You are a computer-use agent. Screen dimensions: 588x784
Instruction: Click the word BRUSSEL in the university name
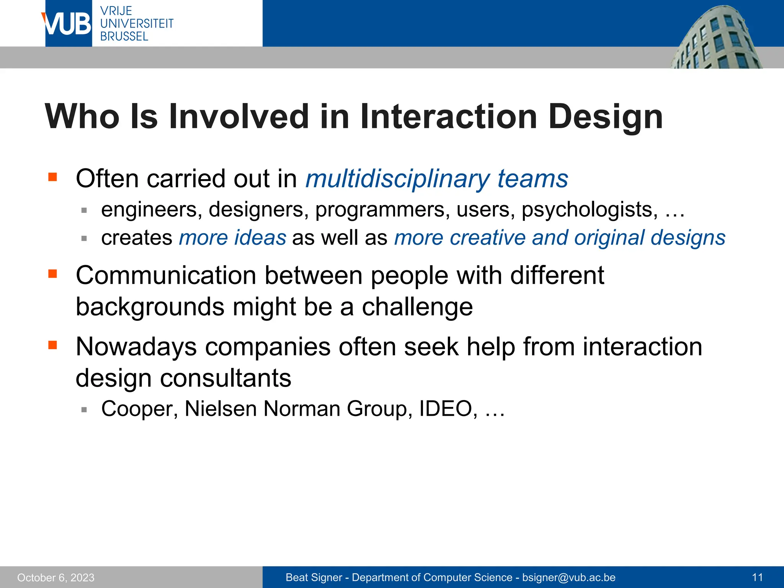pos(124,36)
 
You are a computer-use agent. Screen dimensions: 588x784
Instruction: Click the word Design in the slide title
pos(605,116)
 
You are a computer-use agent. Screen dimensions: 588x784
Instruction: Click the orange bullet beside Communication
pos(52,274)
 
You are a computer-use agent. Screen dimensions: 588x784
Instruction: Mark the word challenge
pos(417,307)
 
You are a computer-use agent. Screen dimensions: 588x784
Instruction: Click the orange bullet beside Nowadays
pos(52,345)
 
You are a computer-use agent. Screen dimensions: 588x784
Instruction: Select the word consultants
pos(225,378)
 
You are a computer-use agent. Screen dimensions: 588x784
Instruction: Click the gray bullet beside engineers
pos(84,210)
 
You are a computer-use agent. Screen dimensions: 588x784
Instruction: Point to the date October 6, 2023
pos(56,577)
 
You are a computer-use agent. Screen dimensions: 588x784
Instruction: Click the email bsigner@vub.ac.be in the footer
pos(569,577)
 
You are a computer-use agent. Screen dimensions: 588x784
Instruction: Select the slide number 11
pos(757,577)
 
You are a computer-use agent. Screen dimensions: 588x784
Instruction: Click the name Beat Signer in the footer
pos(314,577)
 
